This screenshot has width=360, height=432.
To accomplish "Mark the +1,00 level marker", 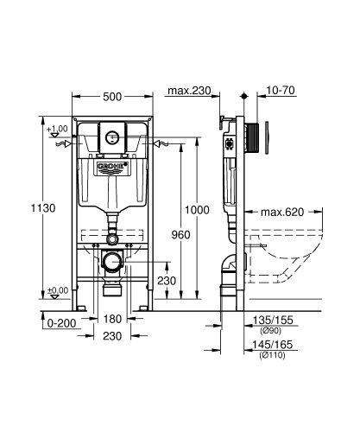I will [x=58, y=129].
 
